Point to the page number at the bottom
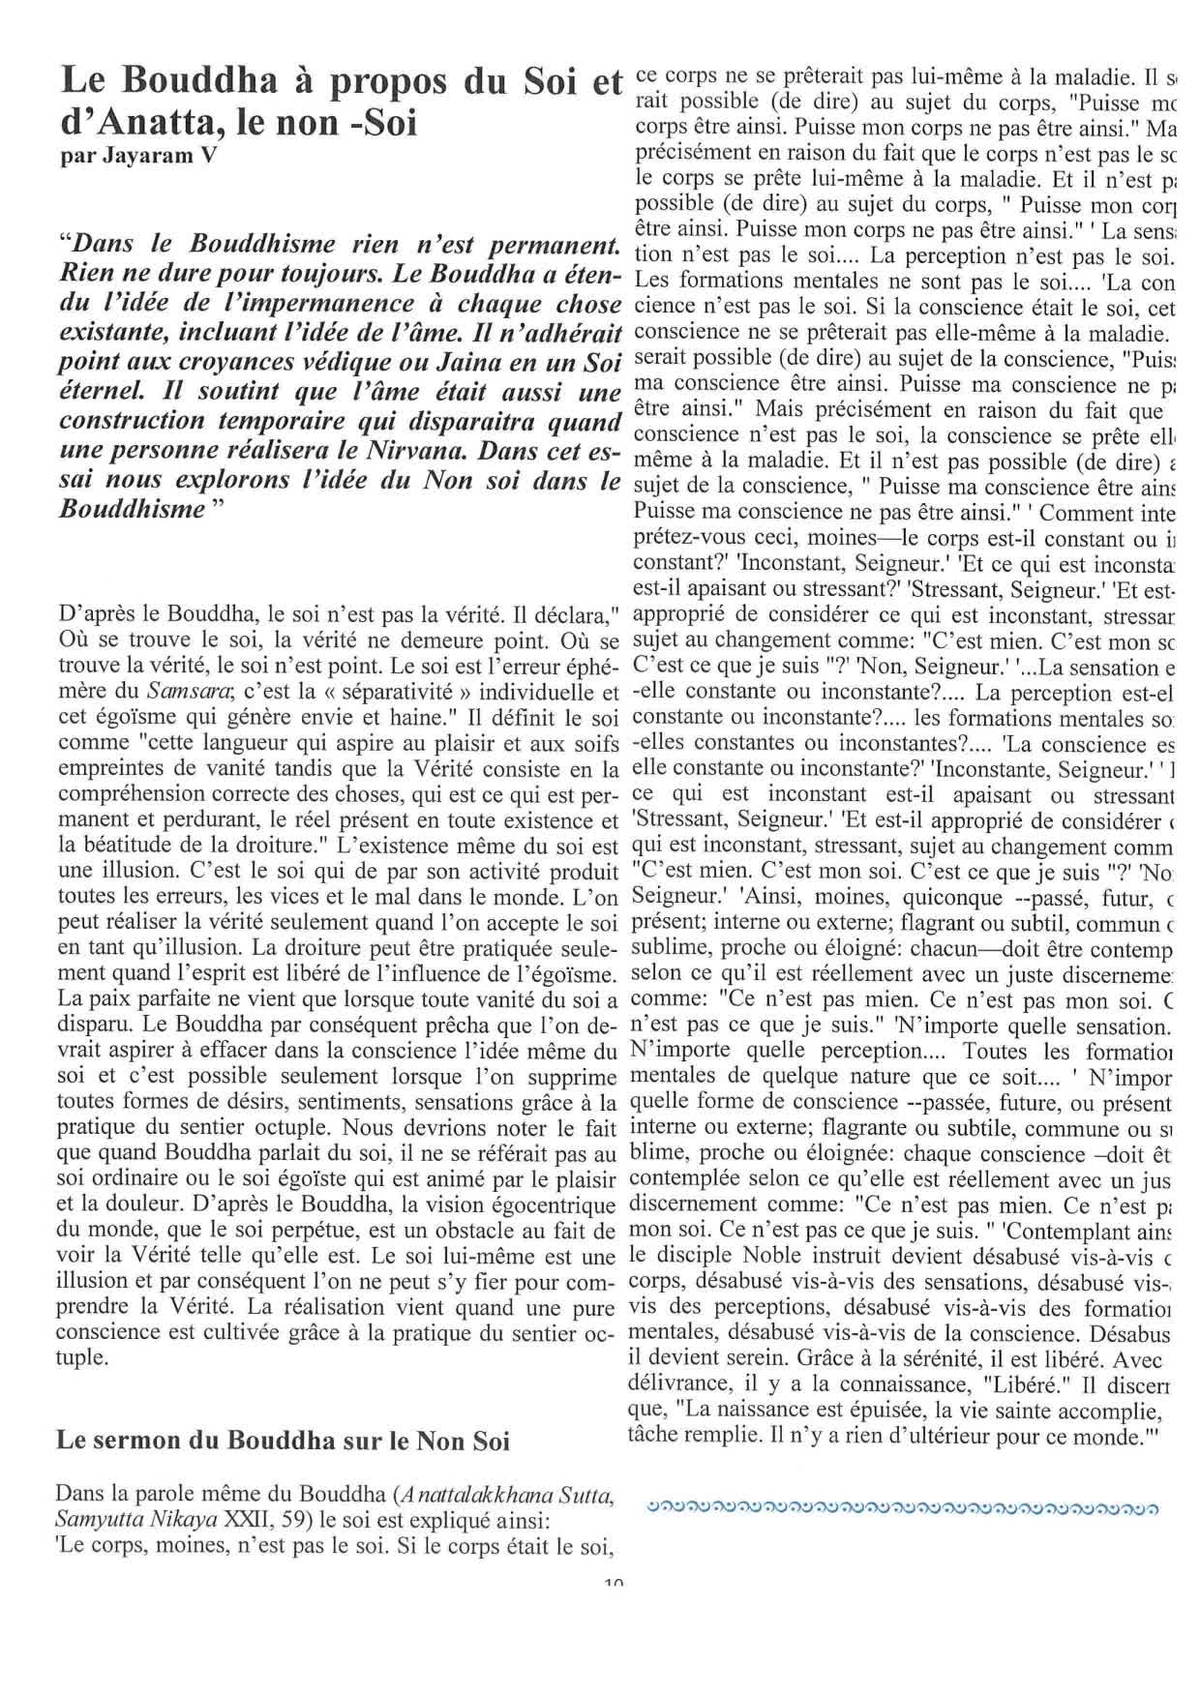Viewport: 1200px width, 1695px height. (x=613, y=1584)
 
